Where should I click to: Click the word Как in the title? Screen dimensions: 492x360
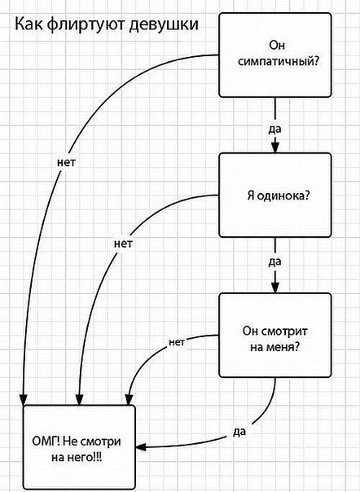31,26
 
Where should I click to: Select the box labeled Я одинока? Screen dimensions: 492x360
276,195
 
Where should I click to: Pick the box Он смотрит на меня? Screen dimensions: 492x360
276,336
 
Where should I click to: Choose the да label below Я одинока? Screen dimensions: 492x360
275,263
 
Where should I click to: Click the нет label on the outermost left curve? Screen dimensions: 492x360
68,161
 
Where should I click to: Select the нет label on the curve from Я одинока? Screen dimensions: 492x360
123,243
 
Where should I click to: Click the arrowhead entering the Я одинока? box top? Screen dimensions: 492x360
276,147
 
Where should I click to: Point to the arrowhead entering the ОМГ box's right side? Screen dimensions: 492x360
141,446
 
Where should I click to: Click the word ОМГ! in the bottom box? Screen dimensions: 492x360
44,440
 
